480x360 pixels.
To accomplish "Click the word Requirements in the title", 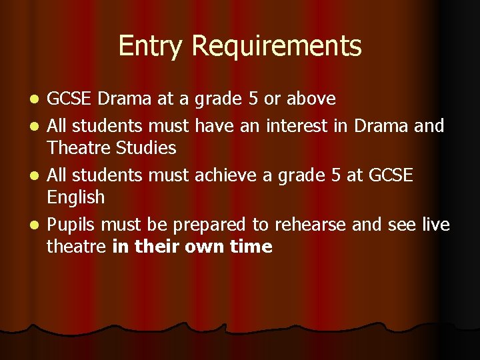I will pos(276,46).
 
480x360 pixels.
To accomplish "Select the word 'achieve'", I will pos(221,175).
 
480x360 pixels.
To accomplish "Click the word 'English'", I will pos(75,197).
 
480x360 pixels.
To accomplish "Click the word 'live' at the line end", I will pos(436,225).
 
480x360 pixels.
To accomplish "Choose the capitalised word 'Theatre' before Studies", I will pos(75,147).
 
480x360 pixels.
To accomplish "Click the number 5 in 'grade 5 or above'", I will pos(253,99).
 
